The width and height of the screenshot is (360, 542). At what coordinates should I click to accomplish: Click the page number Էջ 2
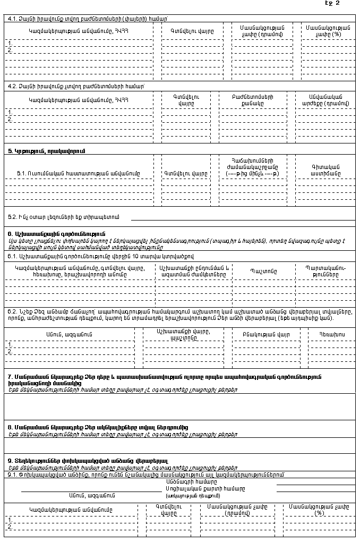tap(333, 4)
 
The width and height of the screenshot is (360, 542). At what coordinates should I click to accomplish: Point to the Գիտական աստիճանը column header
tap(325, 170)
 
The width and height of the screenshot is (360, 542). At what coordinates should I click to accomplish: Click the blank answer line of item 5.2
tap(243, 218)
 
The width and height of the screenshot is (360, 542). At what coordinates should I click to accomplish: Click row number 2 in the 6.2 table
tap(10, 351)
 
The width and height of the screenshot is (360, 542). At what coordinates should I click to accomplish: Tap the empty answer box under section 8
tap(179, 445)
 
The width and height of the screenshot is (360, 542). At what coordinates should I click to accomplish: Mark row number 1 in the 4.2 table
tap(10, 112)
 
